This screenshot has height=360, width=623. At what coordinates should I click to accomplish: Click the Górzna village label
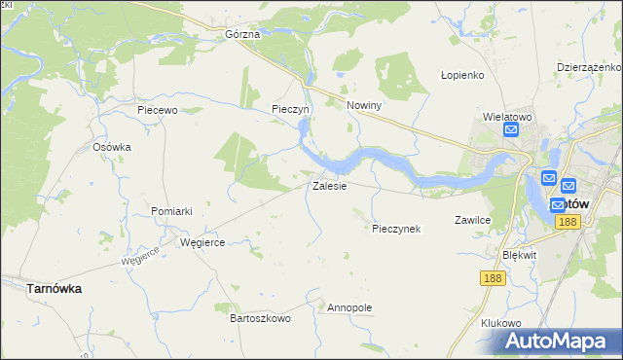[x=241, y=34]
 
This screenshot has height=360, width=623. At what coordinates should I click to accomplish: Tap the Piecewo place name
[x=157, y=110]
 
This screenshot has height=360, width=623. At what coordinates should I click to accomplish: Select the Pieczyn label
[x=290, y=110]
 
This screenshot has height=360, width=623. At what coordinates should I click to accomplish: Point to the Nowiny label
[x=363, y=105]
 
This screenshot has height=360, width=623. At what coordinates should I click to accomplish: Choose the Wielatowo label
[x=506, y=117]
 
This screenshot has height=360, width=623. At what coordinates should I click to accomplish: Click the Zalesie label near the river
[x=329, y=186]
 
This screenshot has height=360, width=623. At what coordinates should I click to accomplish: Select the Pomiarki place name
[x=171, y=211]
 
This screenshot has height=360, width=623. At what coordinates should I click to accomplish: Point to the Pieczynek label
[x=395, y=229]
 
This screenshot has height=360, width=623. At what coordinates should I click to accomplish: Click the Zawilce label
[x=472, y=221]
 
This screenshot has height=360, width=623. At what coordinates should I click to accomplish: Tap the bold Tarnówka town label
[x=54, y=289]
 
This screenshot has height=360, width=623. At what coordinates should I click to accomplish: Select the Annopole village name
[x=350, y=307]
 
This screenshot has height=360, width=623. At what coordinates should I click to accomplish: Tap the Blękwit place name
[x=519, y=254]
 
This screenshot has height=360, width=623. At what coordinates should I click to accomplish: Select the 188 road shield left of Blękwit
[x=493, y=278]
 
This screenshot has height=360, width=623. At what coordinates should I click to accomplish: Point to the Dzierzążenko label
[x=589, y=67]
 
